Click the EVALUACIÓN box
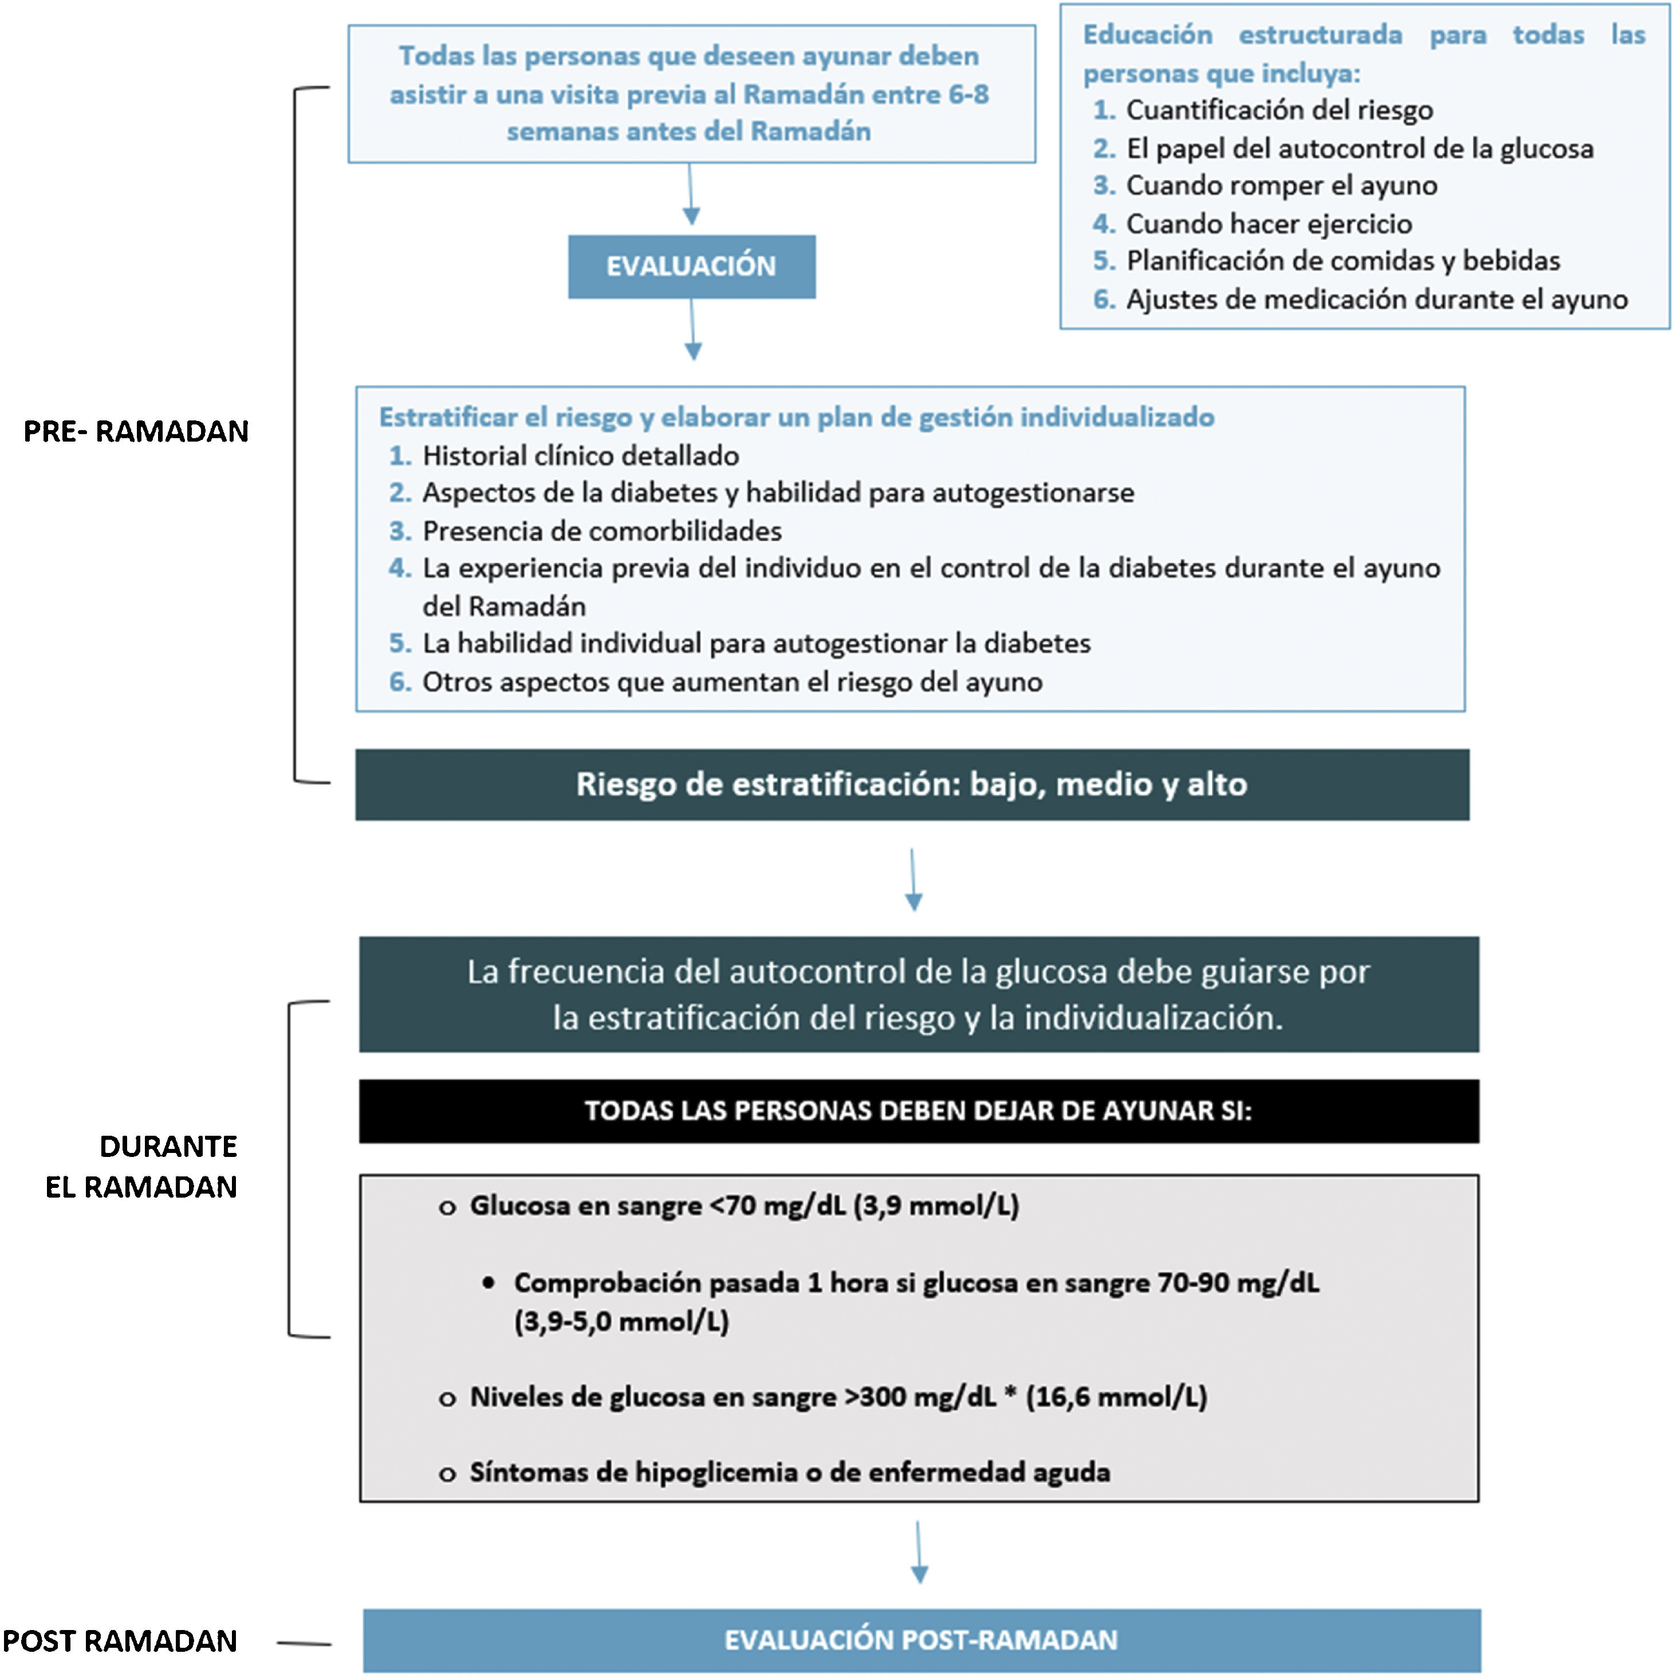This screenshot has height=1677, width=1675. pos(692,266)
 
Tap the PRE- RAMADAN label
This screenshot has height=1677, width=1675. pos(136,431)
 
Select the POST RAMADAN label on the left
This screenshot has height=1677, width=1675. pos(120,1640)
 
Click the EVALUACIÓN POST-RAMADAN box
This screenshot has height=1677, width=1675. pos(921,1640)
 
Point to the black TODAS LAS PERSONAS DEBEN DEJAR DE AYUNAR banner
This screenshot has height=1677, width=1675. pos(918,1111)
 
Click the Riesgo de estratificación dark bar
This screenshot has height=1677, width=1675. pos(911,785)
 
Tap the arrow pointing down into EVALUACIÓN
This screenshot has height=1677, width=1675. pos(691,195)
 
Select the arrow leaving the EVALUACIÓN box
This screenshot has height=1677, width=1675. pos(692,330)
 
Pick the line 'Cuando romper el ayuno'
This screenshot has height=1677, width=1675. pos(1281,186)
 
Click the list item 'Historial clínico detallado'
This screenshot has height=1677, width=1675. pos(581,456)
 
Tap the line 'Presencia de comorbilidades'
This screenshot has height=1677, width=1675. pos(601,532)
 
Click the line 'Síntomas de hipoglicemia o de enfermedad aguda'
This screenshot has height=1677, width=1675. pos(790,1472)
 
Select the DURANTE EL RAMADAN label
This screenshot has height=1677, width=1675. pos(141,1167)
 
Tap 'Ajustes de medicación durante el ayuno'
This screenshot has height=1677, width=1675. pos(1377,300)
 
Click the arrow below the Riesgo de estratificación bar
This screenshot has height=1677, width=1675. pos(913,879)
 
